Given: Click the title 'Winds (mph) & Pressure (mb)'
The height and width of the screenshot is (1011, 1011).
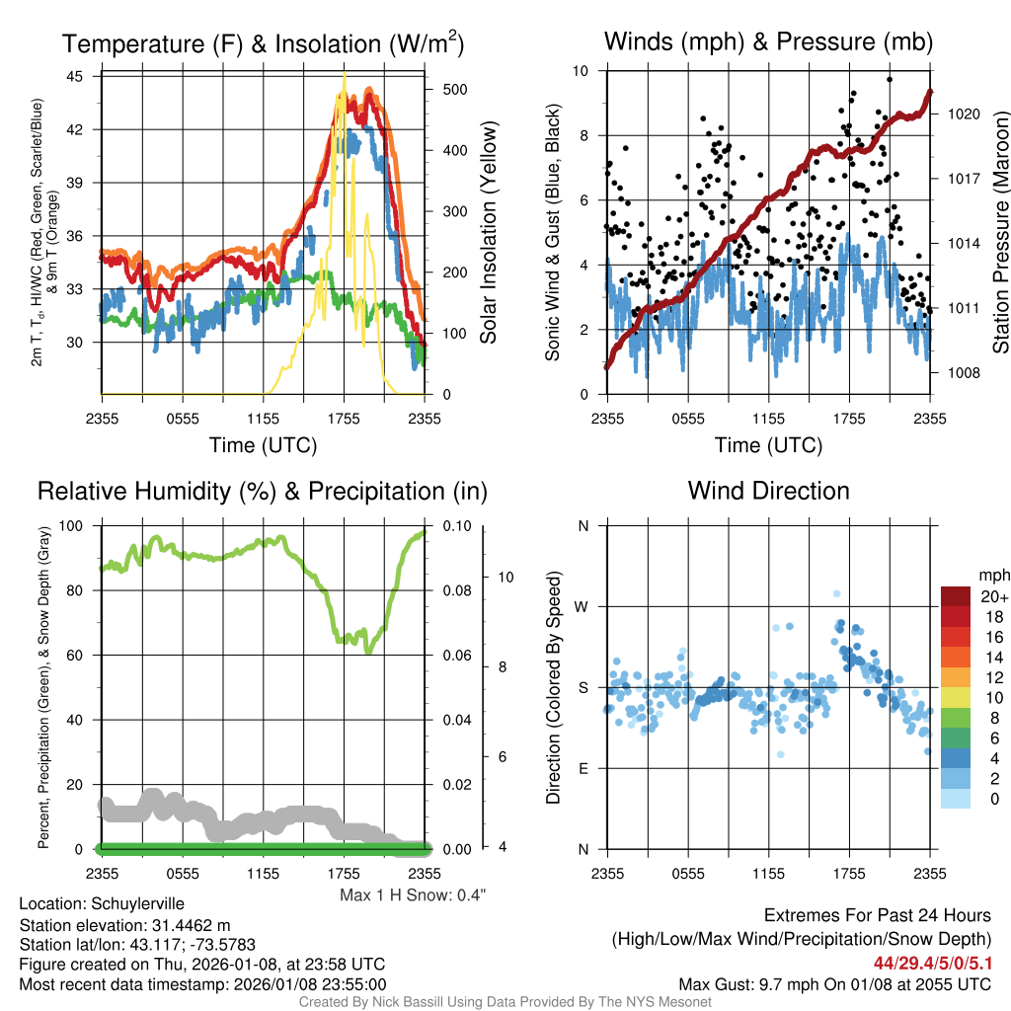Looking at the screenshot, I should pyautogui.click(x=768, y=41).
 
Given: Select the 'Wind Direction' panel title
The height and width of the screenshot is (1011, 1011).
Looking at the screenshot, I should pyautogui.click(x=768, y=491).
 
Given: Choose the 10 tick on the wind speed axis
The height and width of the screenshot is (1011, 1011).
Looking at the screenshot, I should pyautogui.click(x=581, y=71).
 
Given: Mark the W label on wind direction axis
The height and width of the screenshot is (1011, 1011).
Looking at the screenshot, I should pyautogui.click(x=582, y=606).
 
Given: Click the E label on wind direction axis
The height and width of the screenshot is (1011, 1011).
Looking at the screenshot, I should pyautogui.click(x=583, y=768).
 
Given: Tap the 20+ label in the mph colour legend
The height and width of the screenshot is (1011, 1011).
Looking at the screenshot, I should pyautogui.click(x=994, y=596).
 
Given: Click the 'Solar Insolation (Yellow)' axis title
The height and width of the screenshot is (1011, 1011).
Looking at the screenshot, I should pyautogui.click(x=488, y=232).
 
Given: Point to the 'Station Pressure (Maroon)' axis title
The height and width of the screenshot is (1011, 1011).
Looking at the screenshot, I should pyautogui.click(x=1000, y=232).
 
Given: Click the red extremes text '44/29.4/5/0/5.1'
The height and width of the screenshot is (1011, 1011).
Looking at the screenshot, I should pyautogui.click(x=932, y=963).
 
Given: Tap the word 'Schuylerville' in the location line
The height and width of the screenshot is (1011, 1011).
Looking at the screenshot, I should pyautogui.click(x=137, y=903).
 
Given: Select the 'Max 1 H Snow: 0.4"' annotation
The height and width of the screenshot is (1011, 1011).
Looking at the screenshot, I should pyautogui.click(x=412, y=894).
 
